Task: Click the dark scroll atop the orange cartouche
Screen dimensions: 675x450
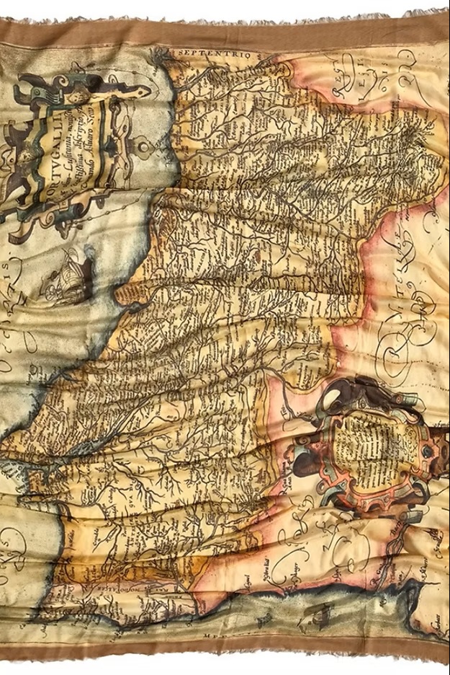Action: (x=360, y=393)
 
